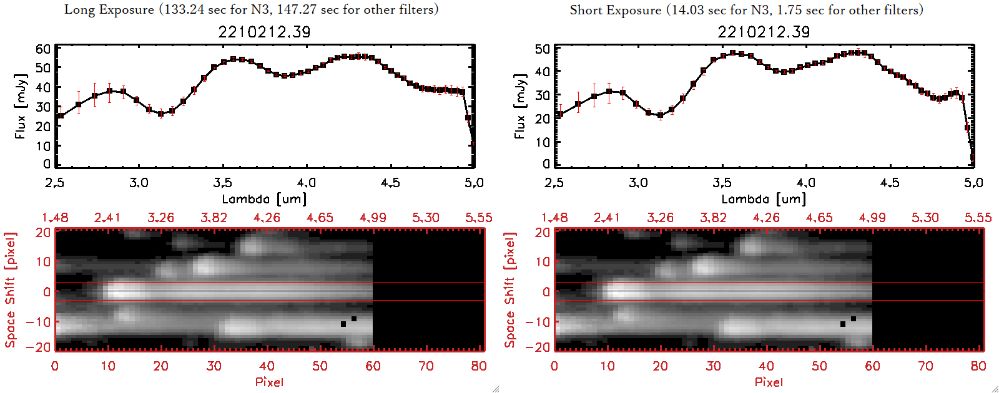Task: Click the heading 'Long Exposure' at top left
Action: click(x=109, y=10)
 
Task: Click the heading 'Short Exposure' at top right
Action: click(x=615, y=11)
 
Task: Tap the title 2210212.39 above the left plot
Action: click(x=264, y=32)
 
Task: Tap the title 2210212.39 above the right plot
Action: click(x=764, y=32)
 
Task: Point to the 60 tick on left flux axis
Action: click(x=43, y=49)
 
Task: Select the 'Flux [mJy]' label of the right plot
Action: click(x=519, y=106)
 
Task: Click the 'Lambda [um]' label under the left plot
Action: click(x=264, y=199)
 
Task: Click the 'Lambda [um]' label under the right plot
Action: click(x=764, y=199)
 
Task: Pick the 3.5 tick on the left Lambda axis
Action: click(x=223, y=183)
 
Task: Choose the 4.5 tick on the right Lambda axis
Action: click(x=890, y=183)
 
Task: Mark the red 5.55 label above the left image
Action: click(x=479, y=218)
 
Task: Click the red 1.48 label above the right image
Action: click(x=554, y=218)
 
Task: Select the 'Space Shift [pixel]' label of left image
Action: click(x=11, y=290)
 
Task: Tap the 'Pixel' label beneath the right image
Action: click(x=769, y=382)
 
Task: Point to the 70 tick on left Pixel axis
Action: click(x=426, y=366)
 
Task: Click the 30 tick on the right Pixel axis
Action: click(x=713, y=366)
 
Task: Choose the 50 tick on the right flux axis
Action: click(x=543, y=49)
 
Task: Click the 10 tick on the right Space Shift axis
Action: click(x=543, y=262)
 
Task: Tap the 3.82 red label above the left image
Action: click(x=214, y=218)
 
